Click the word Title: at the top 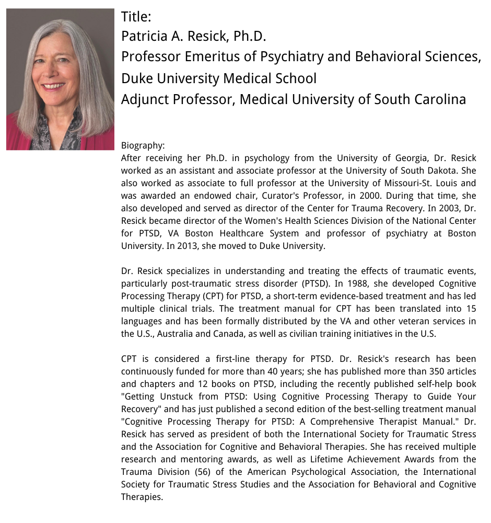click(x=136, y=17)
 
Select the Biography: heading click(x=143, y=145)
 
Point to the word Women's click(x=244, y=221)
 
